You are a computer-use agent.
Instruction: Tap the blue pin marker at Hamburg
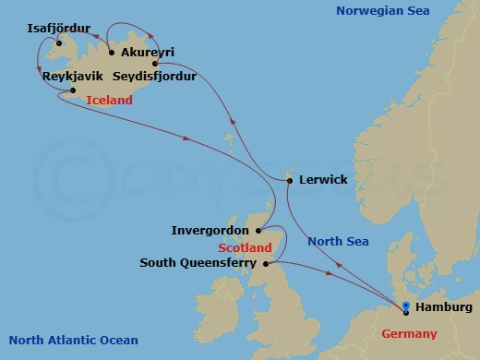(x=407, y=306)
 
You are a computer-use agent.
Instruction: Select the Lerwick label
(x=323, y=180)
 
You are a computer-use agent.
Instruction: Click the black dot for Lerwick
(x=290, y=180)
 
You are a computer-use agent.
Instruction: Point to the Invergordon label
(x=210, y=230)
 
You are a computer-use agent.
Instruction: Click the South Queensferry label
(x=198, y=262)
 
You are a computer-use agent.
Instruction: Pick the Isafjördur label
(x=64, y=29)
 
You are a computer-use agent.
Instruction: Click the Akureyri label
(x=148, y=52)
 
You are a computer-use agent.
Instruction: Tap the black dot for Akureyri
(x=112, y=52)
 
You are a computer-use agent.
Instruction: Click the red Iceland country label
(x=109, y=100)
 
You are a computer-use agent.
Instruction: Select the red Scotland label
(x=245, y=247)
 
